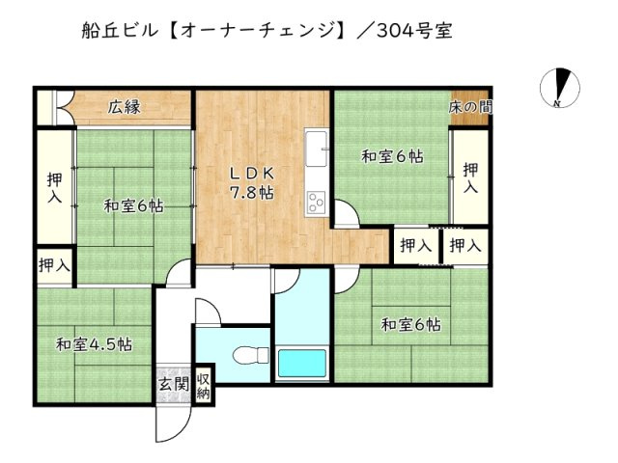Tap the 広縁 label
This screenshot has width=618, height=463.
[x=125, y=107]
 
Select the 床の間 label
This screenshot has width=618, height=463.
[x=469, y=107]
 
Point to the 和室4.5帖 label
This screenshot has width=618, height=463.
[x=94, y=344]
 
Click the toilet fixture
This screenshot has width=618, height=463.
[x=253, y=354]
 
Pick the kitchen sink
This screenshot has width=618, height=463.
[x=318, y=150]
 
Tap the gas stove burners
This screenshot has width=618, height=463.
[x=318, y=201]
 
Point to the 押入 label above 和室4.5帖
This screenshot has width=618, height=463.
[x=54, y=265]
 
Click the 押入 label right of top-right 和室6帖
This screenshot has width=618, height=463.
[x=470, y=178]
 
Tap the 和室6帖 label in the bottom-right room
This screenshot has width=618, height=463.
[x=410, y=325]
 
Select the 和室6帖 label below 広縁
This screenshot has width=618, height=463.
[x=133, y=205]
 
